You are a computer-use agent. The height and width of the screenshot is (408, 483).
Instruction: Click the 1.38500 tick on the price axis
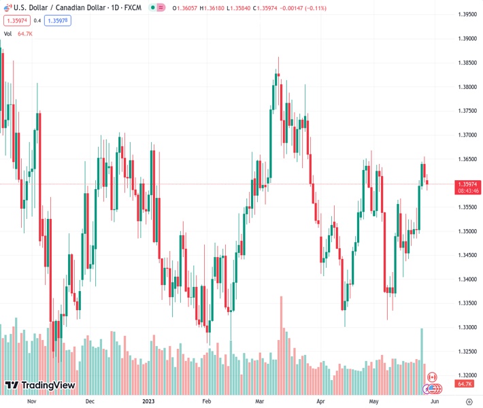pyautogui.click(x=467, y=63)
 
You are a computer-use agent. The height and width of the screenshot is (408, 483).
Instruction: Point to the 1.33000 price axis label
pyautogui.click(x=467, y=328)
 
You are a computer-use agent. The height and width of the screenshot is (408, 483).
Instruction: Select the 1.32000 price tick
pyautogui.click(x=467, y=375)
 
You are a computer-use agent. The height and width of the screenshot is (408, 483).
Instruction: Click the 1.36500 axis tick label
pyautogui.click(x=467, y=159)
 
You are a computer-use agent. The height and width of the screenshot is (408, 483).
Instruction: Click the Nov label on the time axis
pyautogui.click(x=31, y=401)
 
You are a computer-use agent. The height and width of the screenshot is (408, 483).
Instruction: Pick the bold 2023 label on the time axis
pyautogui.click(x=149, y=401)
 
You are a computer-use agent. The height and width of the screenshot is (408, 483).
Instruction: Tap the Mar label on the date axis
pyautogui.click(x=260, y=401)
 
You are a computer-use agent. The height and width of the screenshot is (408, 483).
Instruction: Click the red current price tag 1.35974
pyautogui.click(x=467, y=184)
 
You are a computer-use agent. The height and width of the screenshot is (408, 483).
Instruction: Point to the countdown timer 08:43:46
pyautogui.click(x=467, y=191)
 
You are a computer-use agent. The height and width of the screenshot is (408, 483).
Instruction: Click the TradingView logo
pyautogui.click(x=40, y=386)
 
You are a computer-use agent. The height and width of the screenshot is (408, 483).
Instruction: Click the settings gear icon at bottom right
pyautogui.click(x=469, y=401)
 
